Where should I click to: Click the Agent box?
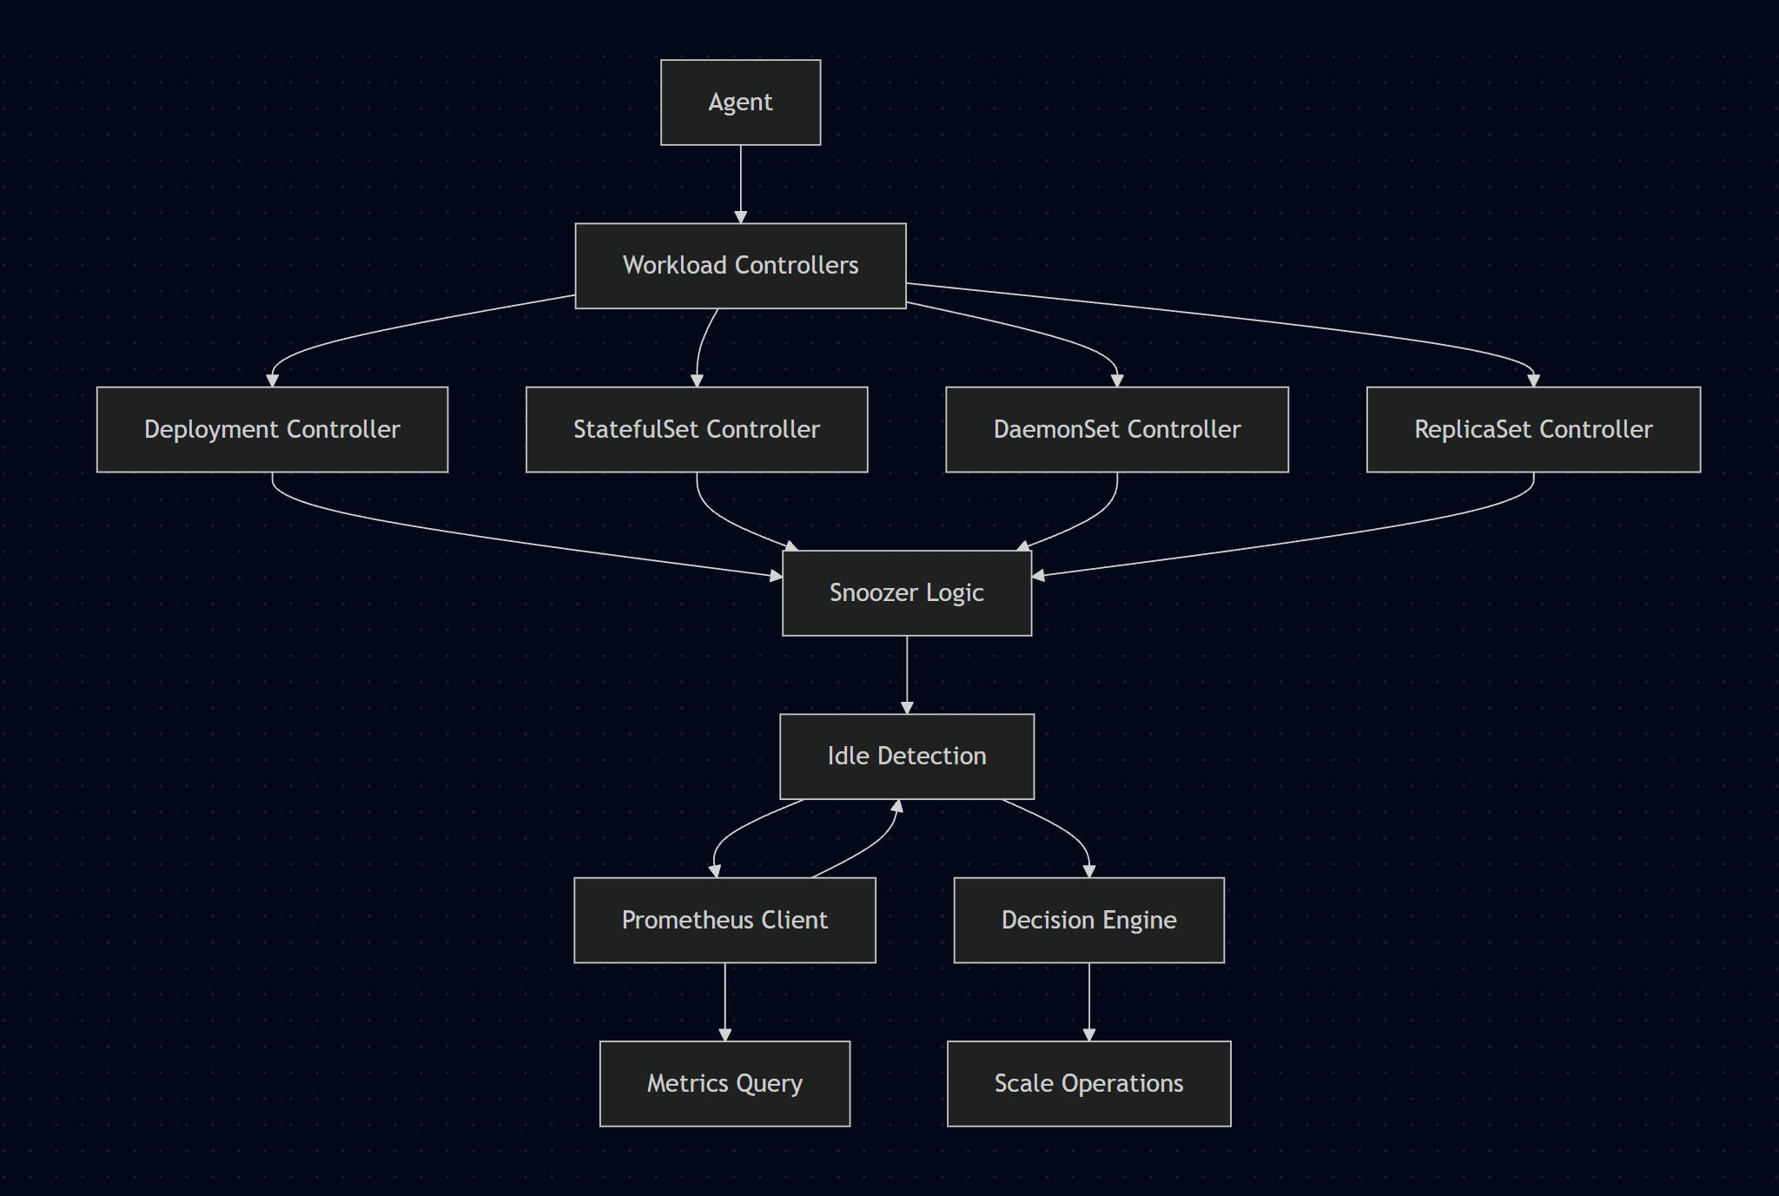click(x=740, y=102)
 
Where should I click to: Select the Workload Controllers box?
click(x=740, y=266)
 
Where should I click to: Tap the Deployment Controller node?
click(x=272, y=430)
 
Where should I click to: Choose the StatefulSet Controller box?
click(x=696, y=430)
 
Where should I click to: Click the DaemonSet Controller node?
click(x=1116, y=430)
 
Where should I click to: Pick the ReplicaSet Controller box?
click(x=1533, y=430)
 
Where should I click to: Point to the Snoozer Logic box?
click(x=906, y=593)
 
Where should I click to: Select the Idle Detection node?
click(x=906, y=757)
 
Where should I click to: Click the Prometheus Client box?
click(x=724, y=920)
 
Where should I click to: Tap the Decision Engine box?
click(x=1088, y=920)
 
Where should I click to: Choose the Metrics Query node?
click(x=724, y=1084)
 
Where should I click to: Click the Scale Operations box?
click(x=1088, y=1084)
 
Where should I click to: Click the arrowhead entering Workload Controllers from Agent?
click(x=740, y=217)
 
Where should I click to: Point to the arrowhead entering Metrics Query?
click(x=724, y=1034)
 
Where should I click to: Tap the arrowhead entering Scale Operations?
click(x=1088, y=1034)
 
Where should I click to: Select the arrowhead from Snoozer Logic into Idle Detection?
click(x=906, y=708)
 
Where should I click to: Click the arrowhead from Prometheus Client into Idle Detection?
click(x=898, y=806)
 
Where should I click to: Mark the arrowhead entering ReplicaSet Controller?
click(x=1533, y=380)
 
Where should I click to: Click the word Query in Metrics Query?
click(x=769, y=1084)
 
